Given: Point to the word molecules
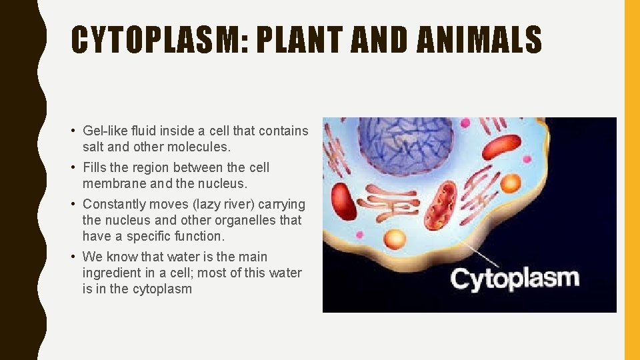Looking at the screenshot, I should click(202, 147).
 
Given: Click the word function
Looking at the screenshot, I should click(201, 236).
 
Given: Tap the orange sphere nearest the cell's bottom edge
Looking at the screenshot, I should click(395, 239).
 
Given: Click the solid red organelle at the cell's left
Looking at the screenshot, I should click(343, 201).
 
